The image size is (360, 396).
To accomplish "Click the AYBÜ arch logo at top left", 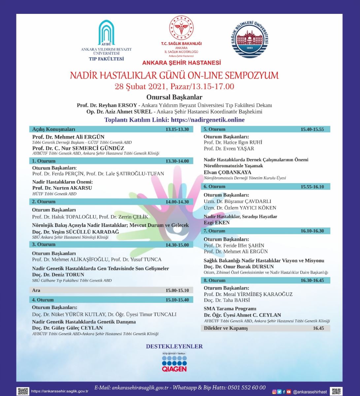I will tap(106, 33).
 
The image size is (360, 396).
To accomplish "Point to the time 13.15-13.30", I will tap(177, 129).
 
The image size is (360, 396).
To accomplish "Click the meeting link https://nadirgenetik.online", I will tap(208, 120).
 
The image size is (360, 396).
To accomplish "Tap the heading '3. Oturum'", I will tap(44, 245).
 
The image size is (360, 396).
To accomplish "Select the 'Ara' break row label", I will tap(36, 290).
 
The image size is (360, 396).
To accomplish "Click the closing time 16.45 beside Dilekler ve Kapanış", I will tap(318, 328).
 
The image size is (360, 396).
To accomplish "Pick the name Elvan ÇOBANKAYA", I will tap(227, 172).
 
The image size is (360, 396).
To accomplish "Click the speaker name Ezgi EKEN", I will tap(216, 223).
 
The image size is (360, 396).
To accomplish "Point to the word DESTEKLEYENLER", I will tap(174, 346).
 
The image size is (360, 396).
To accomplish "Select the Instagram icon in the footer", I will tap(274, 392).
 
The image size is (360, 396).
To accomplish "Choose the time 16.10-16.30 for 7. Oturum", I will tap(312, 231).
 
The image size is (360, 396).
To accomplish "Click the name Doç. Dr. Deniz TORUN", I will tap(58, 275).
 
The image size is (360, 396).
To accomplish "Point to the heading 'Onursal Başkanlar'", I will tap(174, 97).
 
